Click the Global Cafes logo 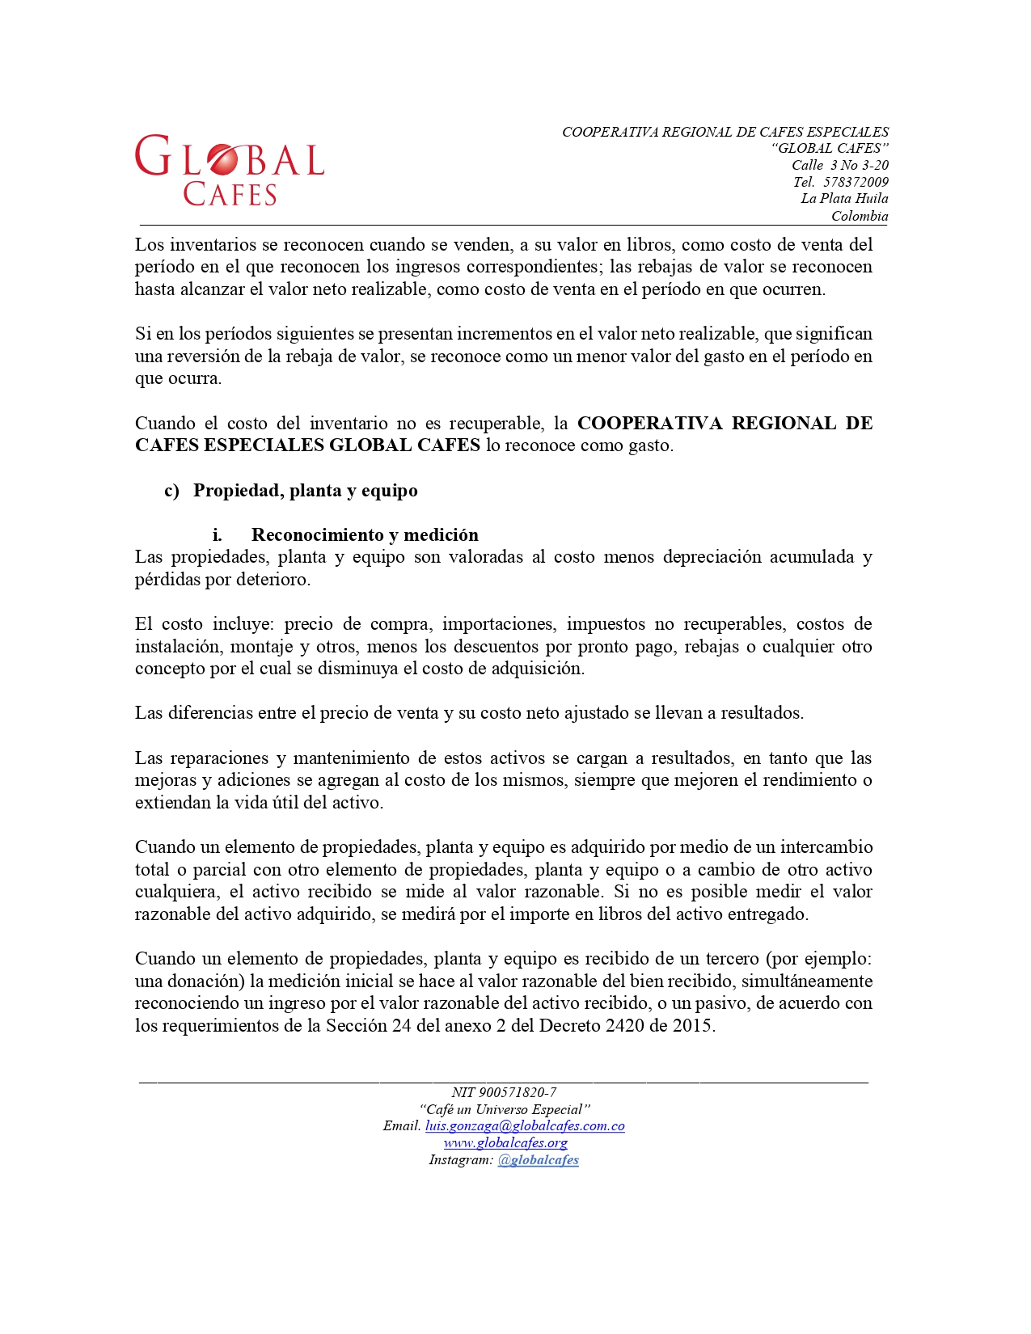[x=230, y=170]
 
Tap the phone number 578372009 [x=856, y=182]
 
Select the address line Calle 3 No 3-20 [x=840, y=165]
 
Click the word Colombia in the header [x=860, y=216]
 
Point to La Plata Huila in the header [x=844, y=199]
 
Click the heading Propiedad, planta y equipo [x=305, y=491]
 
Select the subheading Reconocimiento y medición [x=365, y=534]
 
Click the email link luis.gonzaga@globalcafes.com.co [x=525, y=1126]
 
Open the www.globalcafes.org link [x=505, y=1143]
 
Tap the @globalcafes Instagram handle [x=539, y=1160]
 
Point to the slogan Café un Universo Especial [x=505, y=1109]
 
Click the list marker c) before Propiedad [x=171, y=491]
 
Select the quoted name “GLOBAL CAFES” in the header [x=830, y=148]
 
